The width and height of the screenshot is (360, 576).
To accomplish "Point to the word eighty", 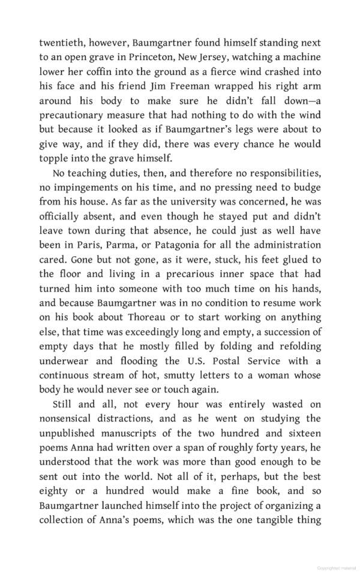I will click(x=54, y=490).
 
